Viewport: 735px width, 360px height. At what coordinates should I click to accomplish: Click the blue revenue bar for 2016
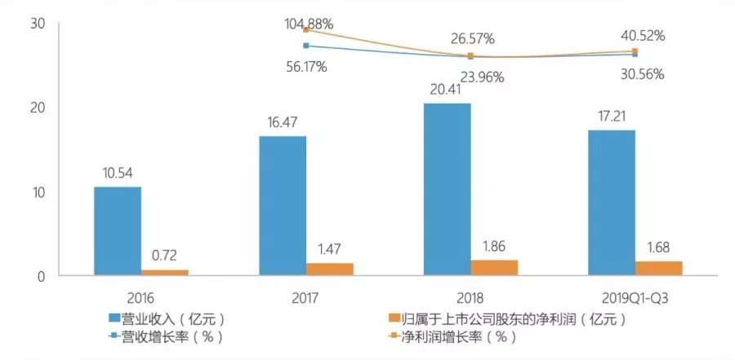117,231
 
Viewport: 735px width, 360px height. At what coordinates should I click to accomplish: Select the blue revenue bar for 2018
447,189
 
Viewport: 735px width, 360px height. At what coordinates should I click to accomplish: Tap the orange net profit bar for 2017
329,269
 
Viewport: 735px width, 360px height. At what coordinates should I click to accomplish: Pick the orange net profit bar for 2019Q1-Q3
657,268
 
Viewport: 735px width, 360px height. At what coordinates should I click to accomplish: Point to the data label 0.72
164,256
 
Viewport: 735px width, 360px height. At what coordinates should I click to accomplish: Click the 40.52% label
641,36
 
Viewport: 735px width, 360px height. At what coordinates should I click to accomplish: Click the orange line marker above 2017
305,29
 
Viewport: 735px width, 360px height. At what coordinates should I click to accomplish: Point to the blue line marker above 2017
305,46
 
